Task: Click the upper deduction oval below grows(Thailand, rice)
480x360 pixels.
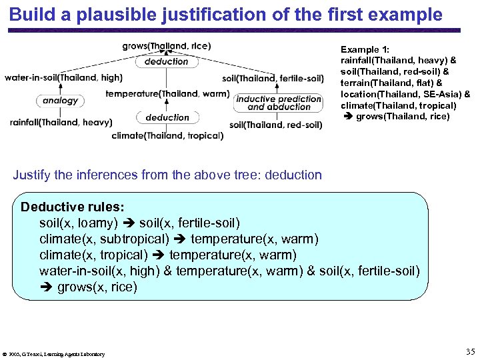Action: click(167, 61)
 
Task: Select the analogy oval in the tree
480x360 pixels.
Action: click(61, 101)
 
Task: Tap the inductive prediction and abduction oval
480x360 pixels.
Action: click(279, 103)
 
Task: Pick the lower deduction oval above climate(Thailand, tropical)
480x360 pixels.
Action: click(167, 117)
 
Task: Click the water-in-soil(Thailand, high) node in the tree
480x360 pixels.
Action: click(63, 78)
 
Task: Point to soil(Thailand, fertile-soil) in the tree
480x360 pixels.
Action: click(273, 79)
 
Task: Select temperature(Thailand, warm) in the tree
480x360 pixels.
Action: click(167, 93)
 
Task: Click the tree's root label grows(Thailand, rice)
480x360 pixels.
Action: click(166, 46)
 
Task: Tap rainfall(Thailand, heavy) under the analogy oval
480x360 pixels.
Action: click(61, 122)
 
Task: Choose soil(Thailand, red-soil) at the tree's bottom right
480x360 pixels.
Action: click(275, 125)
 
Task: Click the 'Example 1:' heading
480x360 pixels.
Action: click(365, 49)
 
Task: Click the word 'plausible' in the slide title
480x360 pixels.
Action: click(136, 14)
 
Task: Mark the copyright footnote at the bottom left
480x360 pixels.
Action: click(54, 354)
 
